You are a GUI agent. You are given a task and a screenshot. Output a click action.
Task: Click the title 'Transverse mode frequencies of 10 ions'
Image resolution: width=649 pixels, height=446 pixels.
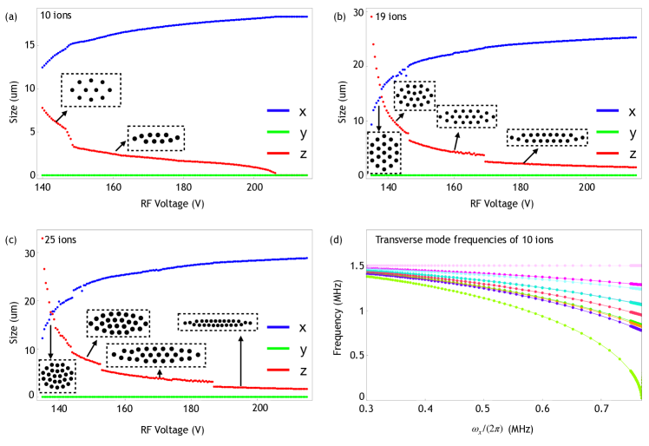tap(447, 239)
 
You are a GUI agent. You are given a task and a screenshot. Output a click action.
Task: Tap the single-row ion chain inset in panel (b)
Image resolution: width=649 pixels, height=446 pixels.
tap(547, 137)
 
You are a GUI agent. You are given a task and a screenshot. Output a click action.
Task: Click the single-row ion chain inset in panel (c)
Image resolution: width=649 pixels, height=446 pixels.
tap(217, 322)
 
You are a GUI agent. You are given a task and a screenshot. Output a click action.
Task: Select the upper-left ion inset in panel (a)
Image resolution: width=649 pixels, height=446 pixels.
tap(90, 90)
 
